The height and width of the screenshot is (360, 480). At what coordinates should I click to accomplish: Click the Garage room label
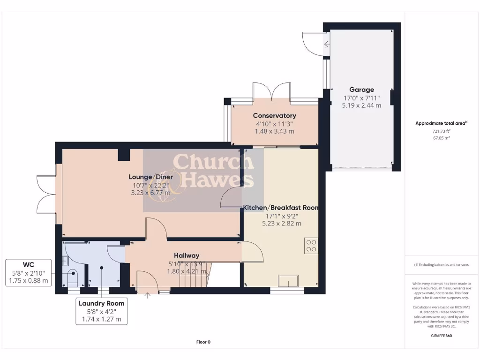[x=361, y=90]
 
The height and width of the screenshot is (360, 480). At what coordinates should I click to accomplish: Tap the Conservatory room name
[x=274, y=116]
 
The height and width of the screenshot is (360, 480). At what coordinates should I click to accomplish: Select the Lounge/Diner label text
[x=151, y=177]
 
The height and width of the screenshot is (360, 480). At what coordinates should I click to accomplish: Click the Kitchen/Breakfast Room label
[x=280, y=208]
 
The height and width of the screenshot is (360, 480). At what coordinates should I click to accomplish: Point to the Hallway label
[x=187, y=255]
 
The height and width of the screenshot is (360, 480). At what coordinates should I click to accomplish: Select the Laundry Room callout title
[x=102, y=303]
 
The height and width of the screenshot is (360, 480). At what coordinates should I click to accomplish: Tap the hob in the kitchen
[x=311, y=246]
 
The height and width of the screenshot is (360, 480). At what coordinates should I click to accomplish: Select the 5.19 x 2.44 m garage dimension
[x=361, y=105]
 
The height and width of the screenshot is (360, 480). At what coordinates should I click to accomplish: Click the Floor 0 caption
[x=203, y=342]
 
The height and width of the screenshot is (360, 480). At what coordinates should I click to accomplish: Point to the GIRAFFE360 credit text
[x=441, y=336]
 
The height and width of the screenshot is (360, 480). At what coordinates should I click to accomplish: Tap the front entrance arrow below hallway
[x=148, y=295]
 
